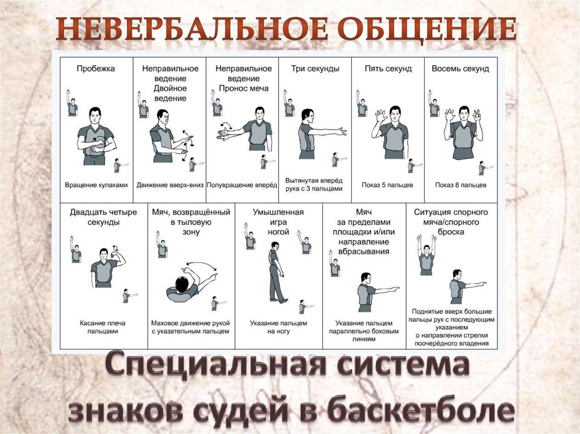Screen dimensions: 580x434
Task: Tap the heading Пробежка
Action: pos(96,69)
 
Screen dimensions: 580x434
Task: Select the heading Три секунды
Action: pos(315,69)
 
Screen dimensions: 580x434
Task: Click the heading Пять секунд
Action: pos(388,69)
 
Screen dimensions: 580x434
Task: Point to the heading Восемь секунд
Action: pos(460,69)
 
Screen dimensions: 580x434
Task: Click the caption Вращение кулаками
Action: pos(96,185)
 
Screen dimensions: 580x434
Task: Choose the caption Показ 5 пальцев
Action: pos(387,185)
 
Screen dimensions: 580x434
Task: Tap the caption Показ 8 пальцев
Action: pos(460,185)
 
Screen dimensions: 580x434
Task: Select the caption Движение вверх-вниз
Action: pos(170,185)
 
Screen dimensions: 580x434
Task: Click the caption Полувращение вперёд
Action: pos(242,185)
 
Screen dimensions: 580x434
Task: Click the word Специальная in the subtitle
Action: pos(215,365)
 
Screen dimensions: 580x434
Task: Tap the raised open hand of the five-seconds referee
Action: pos(379,115)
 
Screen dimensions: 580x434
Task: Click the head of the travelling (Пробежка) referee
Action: pos(95,115)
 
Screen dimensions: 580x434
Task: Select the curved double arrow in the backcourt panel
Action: pos(202,265)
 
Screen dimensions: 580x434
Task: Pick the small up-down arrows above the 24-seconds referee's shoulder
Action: pos(115,248)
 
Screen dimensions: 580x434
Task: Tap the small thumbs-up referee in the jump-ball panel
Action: pos(427,255)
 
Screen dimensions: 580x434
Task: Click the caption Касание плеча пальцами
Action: pos(103,327)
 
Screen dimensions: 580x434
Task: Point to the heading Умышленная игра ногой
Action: pos(278,222)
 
